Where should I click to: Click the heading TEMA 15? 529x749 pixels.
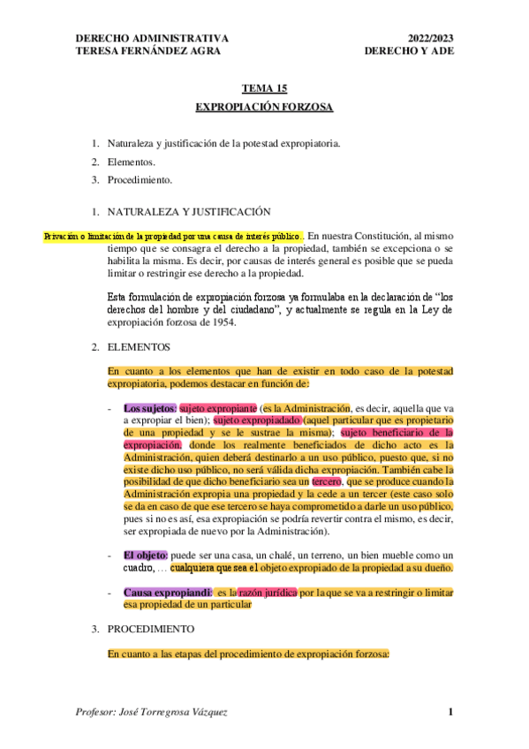pyautogui.click(x=264, y=89)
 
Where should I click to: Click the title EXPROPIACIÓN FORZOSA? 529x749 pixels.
pyautogui.click(x=264, y=107)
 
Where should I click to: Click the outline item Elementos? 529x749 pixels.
pyautogui.click(x=132, y=162)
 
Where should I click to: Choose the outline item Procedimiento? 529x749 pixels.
pyautogui.click(x=140, y=180)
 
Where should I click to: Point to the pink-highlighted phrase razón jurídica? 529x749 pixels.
pyautogui.click(x=268, y=591)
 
